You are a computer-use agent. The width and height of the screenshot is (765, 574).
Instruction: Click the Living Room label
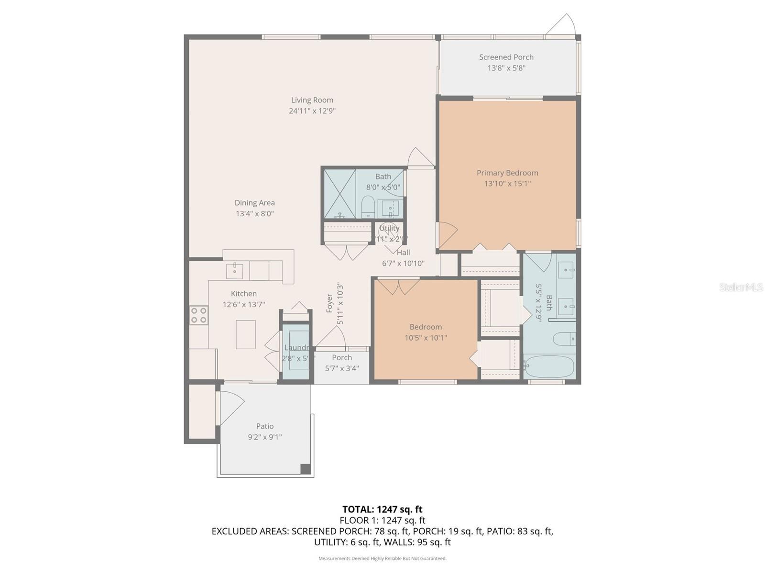point(312,100)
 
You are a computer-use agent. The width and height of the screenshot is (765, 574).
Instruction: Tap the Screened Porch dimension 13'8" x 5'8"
point(506,68)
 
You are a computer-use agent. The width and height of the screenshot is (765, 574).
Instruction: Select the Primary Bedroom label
point(507,173)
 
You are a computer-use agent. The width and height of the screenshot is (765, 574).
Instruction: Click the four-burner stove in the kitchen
point(198,315)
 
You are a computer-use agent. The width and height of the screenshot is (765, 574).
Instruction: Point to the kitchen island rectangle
point(246,334)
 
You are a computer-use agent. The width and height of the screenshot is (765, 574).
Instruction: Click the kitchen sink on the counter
point(234,270)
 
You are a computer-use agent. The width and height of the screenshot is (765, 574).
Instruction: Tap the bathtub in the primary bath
point(548,366)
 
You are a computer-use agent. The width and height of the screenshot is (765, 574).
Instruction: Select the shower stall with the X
point(340,194)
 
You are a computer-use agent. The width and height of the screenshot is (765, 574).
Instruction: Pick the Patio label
point(264,426)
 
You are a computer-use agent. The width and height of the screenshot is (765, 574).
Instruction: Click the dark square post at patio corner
point(305,469)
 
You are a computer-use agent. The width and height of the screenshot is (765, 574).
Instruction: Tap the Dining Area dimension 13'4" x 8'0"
point(254,214)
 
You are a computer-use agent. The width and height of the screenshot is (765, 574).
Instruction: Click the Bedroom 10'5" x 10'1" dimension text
point(426,338)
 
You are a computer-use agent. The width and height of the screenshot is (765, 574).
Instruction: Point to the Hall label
point(403,253)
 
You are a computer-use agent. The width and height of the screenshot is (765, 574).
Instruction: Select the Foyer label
point(329,304)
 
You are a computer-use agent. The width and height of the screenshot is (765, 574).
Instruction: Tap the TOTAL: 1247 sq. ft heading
point(382,509)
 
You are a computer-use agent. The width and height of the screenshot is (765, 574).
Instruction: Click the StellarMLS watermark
point(741,287)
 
